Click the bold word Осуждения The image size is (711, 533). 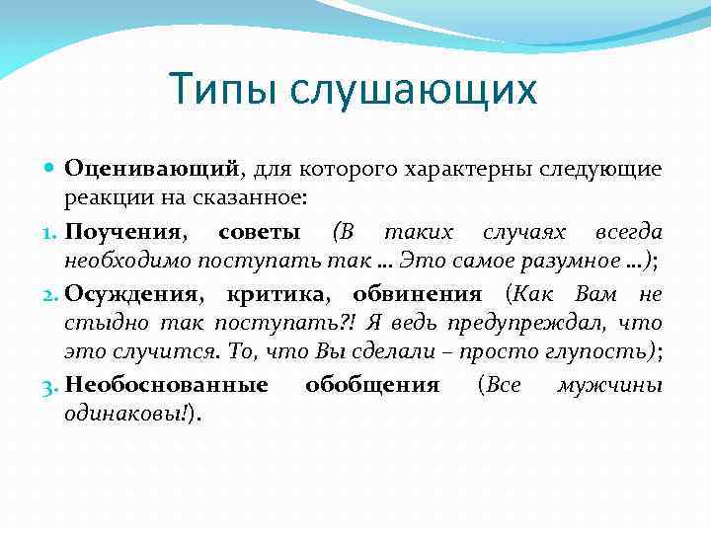coord(133,294)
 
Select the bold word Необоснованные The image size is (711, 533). coord(166,385)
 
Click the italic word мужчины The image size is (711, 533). coord(609,385)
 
